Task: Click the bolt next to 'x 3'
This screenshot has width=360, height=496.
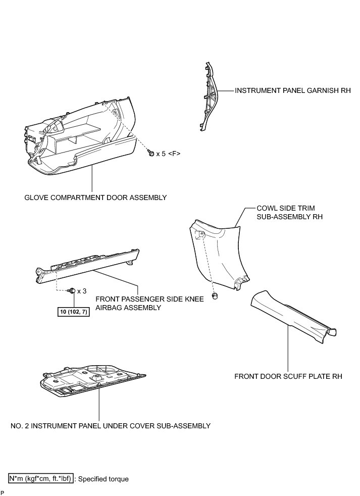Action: [72, 290]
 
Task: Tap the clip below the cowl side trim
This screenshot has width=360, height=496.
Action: [216, 296]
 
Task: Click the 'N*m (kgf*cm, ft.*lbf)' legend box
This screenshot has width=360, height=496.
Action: [41, 478]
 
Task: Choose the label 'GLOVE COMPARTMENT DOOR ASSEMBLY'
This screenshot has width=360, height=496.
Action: [95, 197]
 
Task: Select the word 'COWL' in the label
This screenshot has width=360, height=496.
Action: [268, 208]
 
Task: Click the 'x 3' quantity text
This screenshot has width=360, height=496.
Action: [82, 291]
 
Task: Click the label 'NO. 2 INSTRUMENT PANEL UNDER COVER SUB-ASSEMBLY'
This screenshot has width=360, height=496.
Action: [110, 426]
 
